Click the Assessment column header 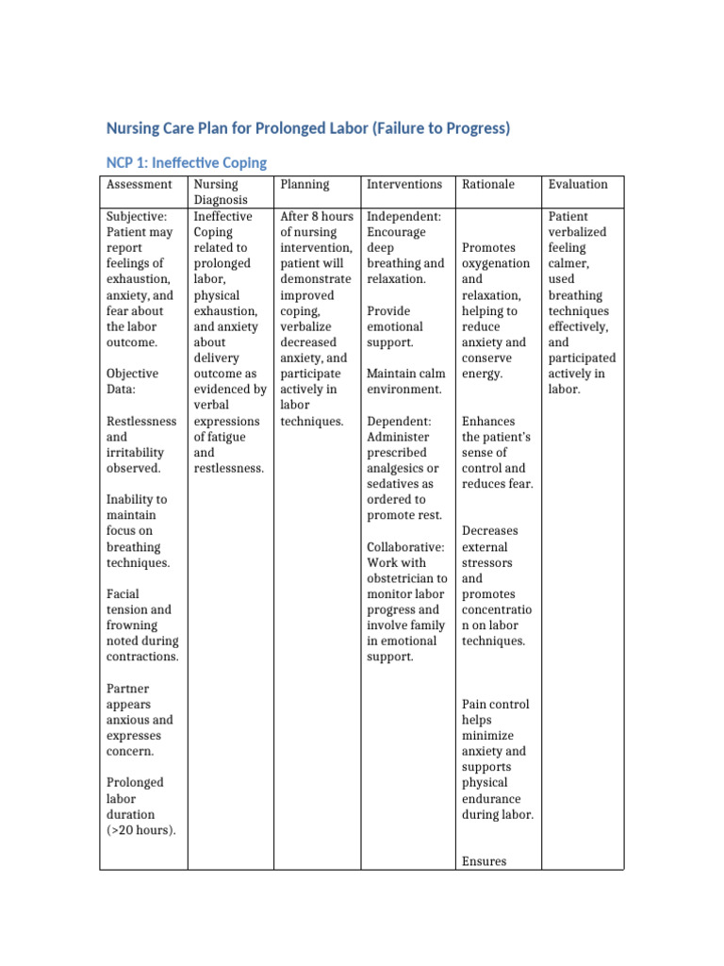(140, 185)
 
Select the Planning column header (304, 185)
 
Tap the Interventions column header (403, 185)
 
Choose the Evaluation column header (578, 185)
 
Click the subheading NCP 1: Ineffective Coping (186, 162)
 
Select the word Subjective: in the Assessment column (137, 217)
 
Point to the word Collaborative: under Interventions (405, 547)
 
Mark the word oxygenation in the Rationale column (496, 264)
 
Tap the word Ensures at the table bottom (484, 861)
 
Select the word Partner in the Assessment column (128, 689)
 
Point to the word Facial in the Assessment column (124, 594)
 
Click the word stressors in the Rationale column (487, 562)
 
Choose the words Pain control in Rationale (496, 704)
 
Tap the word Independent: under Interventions (404, 217)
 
